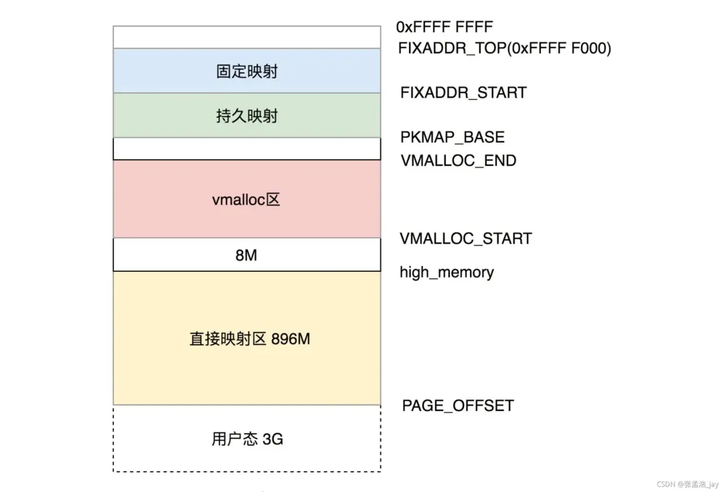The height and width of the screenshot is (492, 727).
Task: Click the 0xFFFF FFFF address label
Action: [x=445, y=27]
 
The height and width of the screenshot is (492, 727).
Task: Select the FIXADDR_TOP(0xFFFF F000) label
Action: [x=504, y=48]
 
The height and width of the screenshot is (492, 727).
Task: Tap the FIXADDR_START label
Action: [x=463, y=92]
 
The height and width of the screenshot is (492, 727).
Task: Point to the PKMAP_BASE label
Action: [x=453, y=137]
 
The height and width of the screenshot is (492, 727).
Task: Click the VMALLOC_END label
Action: [x=459, y=161]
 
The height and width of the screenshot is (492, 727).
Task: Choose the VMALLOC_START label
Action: [x=466, y=238]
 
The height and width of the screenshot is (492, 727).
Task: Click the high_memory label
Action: [x=447, y=272]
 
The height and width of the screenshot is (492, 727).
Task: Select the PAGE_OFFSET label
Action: [x=458, y=406]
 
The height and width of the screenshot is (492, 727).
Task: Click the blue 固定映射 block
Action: [x=247, y=71]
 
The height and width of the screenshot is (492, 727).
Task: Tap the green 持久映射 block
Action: [x=247, y=116]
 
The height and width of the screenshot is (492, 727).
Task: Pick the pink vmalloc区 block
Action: [x=247, y=199]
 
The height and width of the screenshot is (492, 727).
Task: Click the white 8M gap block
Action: [x=247, y=255]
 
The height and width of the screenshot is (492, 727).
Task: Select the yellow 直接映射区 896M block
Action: [x=247, y=339]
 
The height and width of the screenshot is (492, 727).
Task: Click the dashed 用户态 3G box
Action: [x=247, y=439]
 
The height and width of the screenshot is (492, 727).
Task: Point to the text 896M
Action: [x=291, y=339]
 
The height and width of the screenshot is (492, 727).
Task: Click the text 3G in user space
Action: [x=272, y=440]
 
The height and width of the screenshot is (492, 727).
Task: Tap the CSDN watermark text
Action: [x=687, y=484]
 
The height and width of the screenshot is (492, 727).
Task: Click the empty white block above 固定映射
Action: [x=247, y=37]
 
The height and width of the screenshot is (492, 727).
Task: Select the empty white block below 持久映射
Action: [x=247, y=149]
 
